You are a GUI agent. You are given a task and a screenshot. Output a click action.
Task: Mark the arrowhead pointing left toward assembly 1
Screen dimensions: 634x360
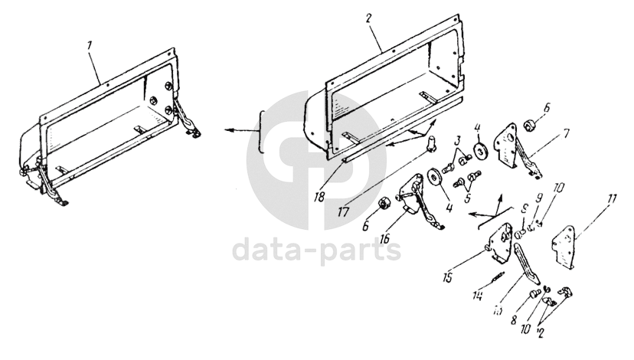tap(227, 130)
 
